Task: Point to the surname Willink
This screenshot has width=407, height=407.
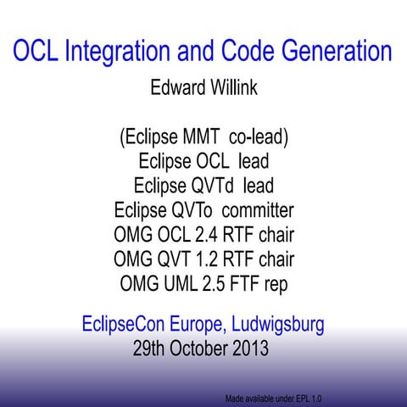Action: point(234,87)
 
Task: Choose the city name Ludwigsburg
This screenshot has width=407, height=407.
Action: point(272,323)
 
